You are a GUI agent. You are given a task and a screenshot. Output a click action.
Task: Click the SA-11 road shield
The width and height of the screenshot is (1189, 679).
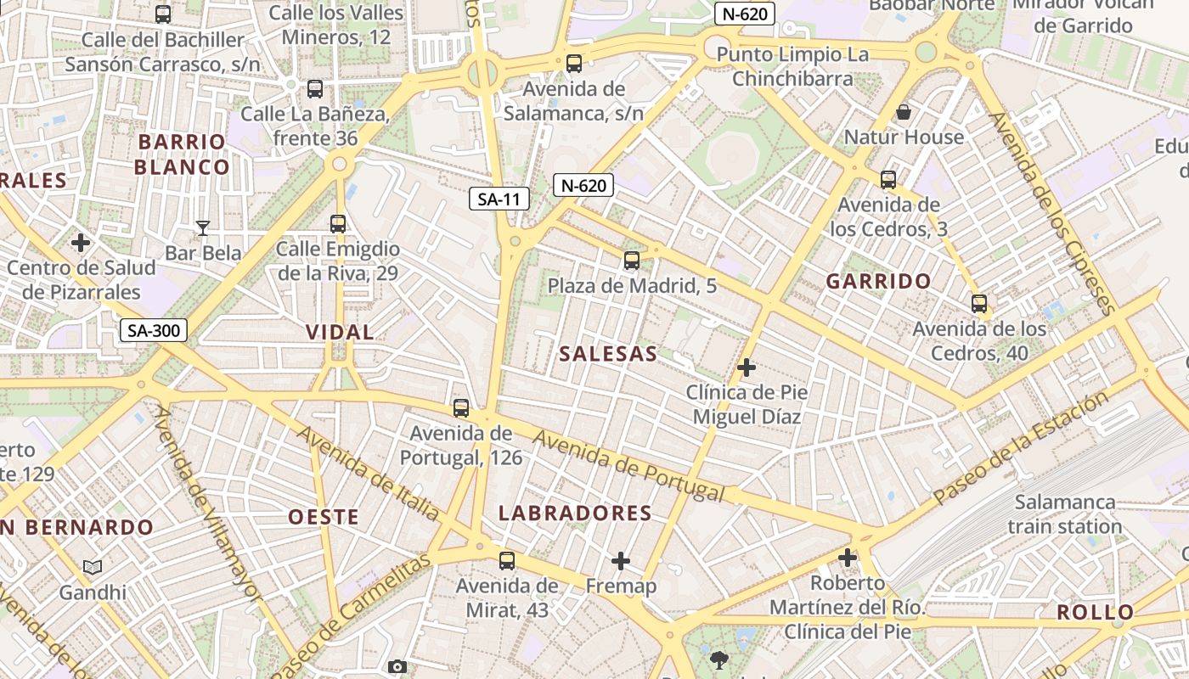pyautogui.click(x=499, y=199)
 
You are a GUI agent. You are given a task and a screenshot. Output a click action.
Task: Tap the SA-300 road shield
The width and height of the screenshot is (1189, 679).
pyautogui.click(x=153, y=330)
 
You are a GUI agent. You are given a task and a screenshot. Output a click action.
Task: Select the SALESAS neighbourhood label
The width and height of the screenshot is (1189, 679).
pyautogui.click(x=608, y=354)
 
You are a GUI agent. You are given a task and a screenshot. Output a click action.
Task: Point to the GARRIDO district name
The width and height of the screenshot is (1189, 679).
pyautogui.click(x=879, y=282)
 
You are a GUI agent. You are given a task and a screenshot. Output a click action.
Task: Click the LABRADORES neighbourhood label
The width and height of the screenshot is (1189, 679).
pyautogui.click(x=575, y=513)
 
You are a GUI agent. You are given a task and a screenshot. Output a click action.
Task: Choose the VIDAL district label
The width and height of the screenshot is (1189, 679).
pyautogui.click(x=340, y=332)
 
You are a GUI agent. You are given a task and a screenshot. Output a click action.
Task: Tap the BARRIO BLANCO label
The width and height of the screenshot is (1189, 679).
pyautogui.click(x=182, y=154)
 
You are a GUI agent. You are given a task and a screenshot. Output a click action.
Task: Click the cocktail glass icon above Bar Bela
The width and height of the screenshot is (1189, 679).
pyautogui.click(x=202, y=227)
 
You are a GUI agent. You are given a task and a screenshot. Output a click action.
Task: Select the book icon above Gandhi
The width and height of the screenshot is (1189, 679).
pyautogui.click(x=93, y=567)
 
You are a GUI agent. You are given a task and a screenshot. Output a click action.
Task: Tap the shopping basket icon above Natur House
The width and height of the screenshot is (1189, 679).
pyautogui.click(x=904, y=112)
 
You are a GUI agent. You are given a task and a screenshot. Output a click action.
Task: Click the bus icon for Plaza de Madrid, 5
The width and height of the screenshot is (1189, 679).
pyautogui.click(x=631, y=261)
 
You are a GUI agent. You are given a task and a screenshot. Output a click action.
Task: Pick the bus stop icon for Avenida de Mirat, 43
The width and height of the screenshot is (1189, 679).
pyautogui.click(x=507, y=560)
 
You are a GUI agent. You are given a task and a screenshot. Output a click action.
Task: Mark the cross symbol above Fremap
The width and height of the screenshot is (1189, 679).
pyautogui.click(x=621, y=561)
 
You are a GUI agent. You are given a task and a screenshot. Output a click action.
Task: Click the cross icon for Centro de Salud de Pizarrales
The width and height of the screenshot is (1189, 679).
pyautogui.click(x=81, y=243)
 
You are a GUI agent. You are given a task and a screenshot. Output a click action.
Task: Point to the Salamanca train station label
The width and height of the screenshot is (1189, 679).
pyautogui.click(x=1065, y=513)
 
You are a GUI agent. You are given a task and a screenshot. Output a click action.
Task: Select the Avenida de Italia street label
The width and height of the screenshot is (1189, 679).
pyautogui.click(x=368, y=473)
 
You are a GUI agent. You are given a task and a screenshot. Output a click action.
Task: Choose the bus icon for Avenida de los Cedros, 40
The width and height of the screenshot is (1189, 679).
pyautogui.click(x=979, y=303)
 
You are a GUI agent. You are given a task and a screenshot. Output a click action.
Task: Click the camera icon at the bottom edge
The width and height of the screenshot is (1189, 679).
pyautogui.click(x=397, y=668)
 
